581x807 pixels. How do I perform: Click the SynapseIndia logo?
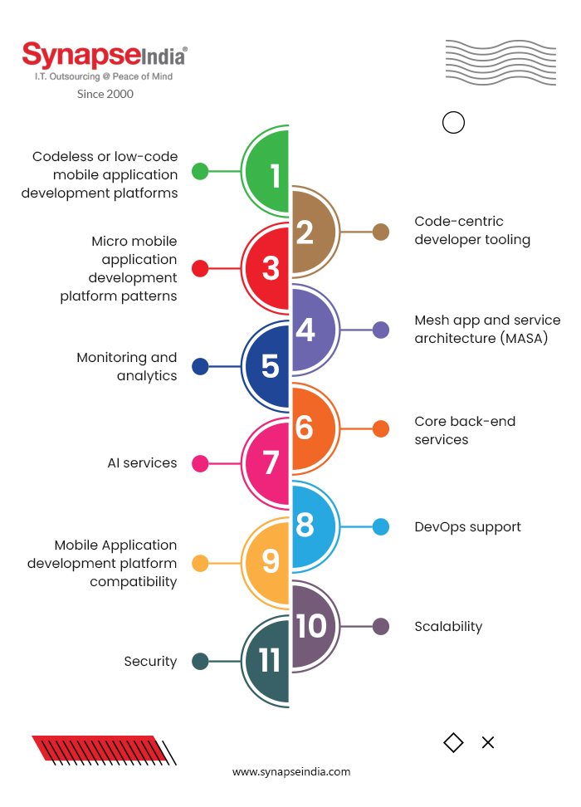[105, 56]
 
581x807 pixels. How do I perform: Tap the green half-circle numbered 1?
[267, 173]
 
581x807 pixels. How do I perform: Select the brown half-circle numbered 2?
[311, 232]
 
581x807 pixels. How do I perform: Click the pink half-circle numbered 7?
[267, 463]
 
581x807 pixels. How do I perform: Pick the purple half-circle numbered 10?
[311, 626]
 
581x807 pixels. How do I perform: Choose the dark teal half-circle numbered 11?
[267, 662]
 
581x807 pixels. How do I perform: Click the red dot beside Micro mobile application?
[200, 269]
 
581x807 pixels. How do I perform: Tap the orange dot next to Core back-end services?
[381, 429]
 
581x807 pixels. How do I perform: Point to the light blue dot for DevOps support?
[381, 526]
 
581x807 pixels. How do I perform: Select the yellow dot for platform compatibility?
[200, 564]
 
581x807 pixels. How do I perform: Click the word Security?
[150, 662]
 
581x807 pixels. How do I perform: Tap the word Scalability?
[448, 627]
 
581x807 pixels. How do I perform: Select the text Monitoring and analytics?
[127, 367]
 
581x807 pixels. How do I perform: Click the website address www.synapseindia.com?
[291, 772]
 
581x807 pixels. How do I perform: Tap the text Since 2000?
[105, 94]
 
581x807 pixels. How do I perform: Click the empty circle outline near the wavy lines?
[453, 123]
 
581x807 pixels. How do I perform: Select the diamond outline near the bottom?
[453, 742]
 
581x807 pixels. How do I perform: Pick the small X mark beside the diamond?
[488, 742]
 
